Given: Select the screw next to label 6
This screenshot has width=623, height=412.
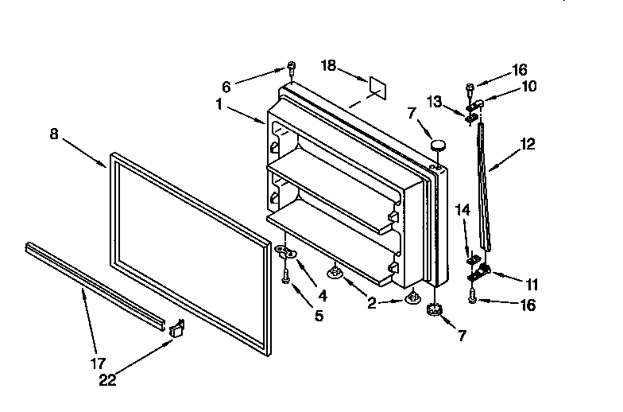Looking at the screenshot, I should [x=292, y=66].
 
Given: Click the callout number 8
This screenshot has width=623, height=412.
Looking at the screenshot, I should [x=53, y=134].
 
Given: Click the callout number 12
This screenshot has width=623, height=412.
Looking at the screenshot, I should [x=528, y=145].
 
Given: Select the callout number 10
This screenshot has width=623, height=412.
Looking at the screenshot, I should [x=528, y=86].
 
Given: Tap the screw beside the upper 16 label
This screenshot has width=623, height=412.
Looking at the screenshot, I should [x=470, y=85].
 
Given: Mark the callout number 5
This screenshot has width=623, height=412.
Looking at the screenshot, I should [x=319, y=316].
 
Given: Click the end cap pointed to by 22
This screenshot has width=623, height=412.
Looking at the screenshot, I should [x=176, y=328].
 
